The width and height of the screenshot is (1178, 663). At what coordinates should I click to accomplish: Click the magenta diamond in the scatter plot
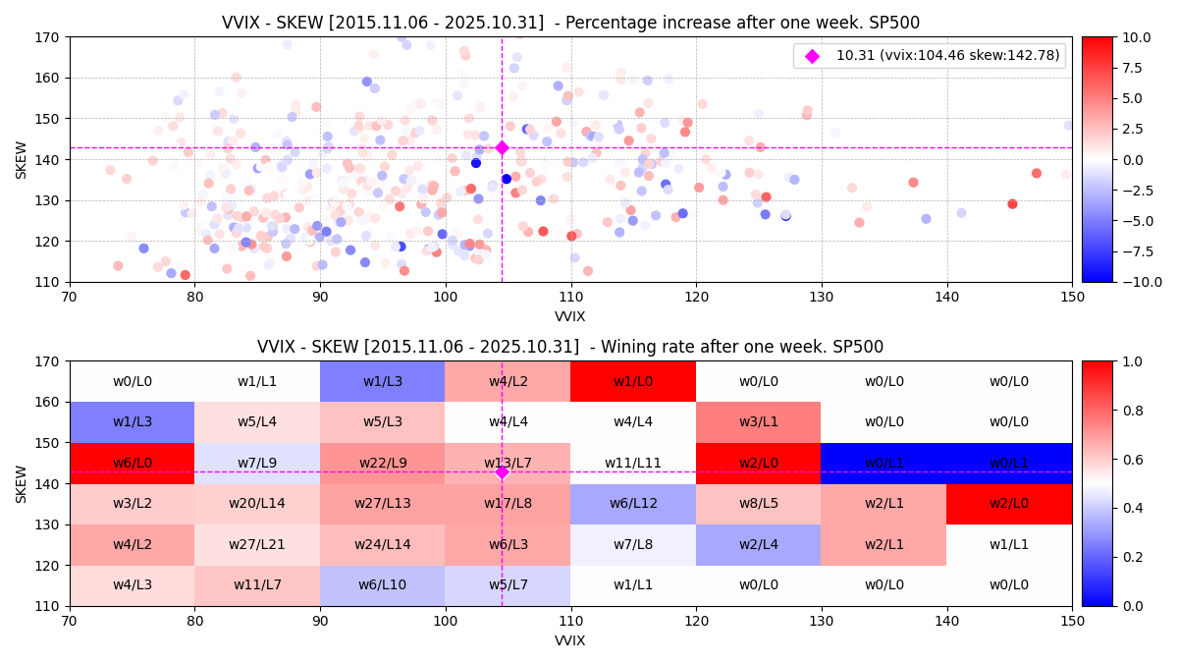tap(502, 147)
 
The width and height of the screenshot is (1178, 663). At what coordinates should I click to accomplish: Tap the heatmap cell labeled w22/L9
tap(383, 463)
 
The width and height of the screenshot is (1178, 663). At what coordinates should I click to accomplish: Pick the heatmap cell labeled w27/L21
tap(257, 544)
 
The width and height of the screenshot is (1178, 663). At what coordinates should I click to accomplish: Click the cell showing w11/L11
tap(633, 463)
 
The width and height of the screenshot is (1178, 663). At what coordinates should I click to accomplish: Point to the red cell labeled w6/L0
tap(133, 463)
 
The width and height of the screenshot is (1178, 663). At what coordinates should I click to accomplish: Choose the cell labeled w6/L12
tap(633, 504)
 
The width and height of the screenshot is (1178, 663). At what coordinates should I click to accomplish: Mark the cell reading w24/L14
tap(383, 544)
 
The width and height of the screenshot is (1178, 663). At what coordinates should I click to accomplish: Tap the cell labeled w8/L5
tap(758, 504)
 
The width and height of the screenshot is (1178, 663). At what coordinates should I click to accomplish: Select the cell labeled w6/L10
tap(383, 585)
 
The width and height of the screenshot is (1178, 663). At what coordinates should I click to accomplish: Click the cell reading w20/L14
tap(257, 504)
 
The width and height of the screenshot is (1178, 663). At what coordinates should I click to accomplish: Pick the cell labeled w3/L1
tap(758, 422)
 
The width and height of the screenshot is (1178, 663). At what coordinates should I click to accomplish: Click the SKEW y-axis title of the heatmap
tap(22, 483)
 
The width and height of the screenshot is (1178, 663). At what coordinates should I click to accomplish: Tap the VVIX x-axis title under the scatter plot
tap(570, 316)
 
